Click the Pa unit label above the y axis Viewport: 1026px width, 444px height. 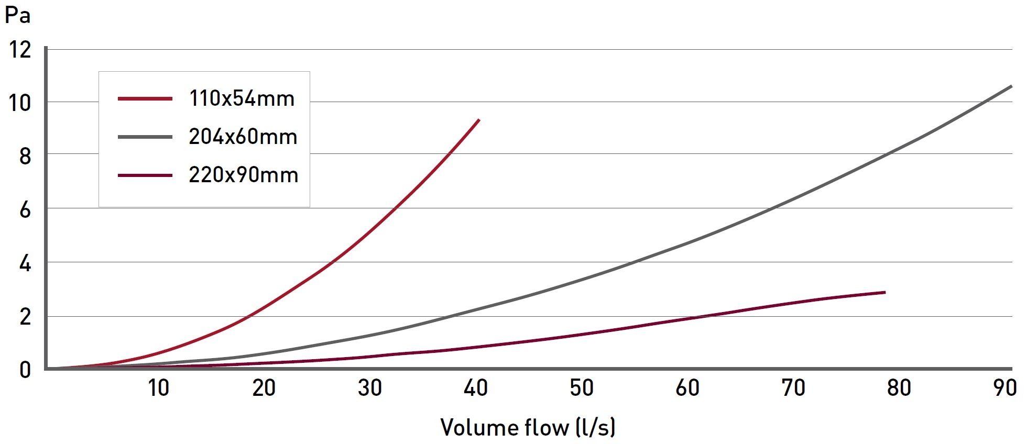[x=18, y=15]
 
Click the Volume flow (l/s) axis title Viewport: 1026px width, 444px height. [x=528, y=427]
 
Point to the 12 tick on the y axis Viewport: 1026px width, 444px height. [x=20, y=50]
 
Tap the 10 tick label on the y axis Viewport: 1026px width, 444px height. [x=20, y=103]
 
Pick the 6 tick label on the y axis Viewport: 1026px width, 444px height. [x=25, y=210]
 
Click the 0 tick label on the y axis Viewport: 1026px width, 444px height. [x=25, y=370]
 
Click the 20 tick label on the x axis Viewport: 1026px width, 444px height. [x=264, y=388]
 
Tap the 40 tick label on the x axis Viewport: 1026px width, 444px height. [x=476, y=388]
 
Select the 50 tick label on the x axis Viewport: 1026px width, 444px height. [x=582, y=388]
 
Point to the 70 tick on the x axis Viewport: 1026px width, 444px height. [x=793, y=388]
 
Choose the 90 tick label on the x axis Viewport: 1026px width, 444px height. [x=1005, y=388]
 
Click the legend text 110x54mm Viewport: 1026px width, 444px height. [x=242, y=98]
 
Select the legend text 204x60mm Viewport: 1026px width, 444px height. [x=243, y=137]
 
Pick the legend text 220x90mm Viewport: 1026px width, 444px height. [x=244, y=175]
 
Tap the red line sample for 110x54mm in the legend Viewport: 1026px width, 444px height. [x=145, y=98]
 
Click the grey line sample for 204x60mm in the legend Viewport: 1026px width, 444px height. [x=145, y=137]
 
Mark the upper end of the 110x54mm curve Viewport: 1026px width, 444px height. [x=479, y=120]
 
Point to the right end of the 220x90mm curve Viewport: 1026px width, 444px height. [x=885, y=292]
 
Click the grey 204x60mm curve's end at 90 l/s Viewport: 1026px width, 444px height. [x=1011, y=86]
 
